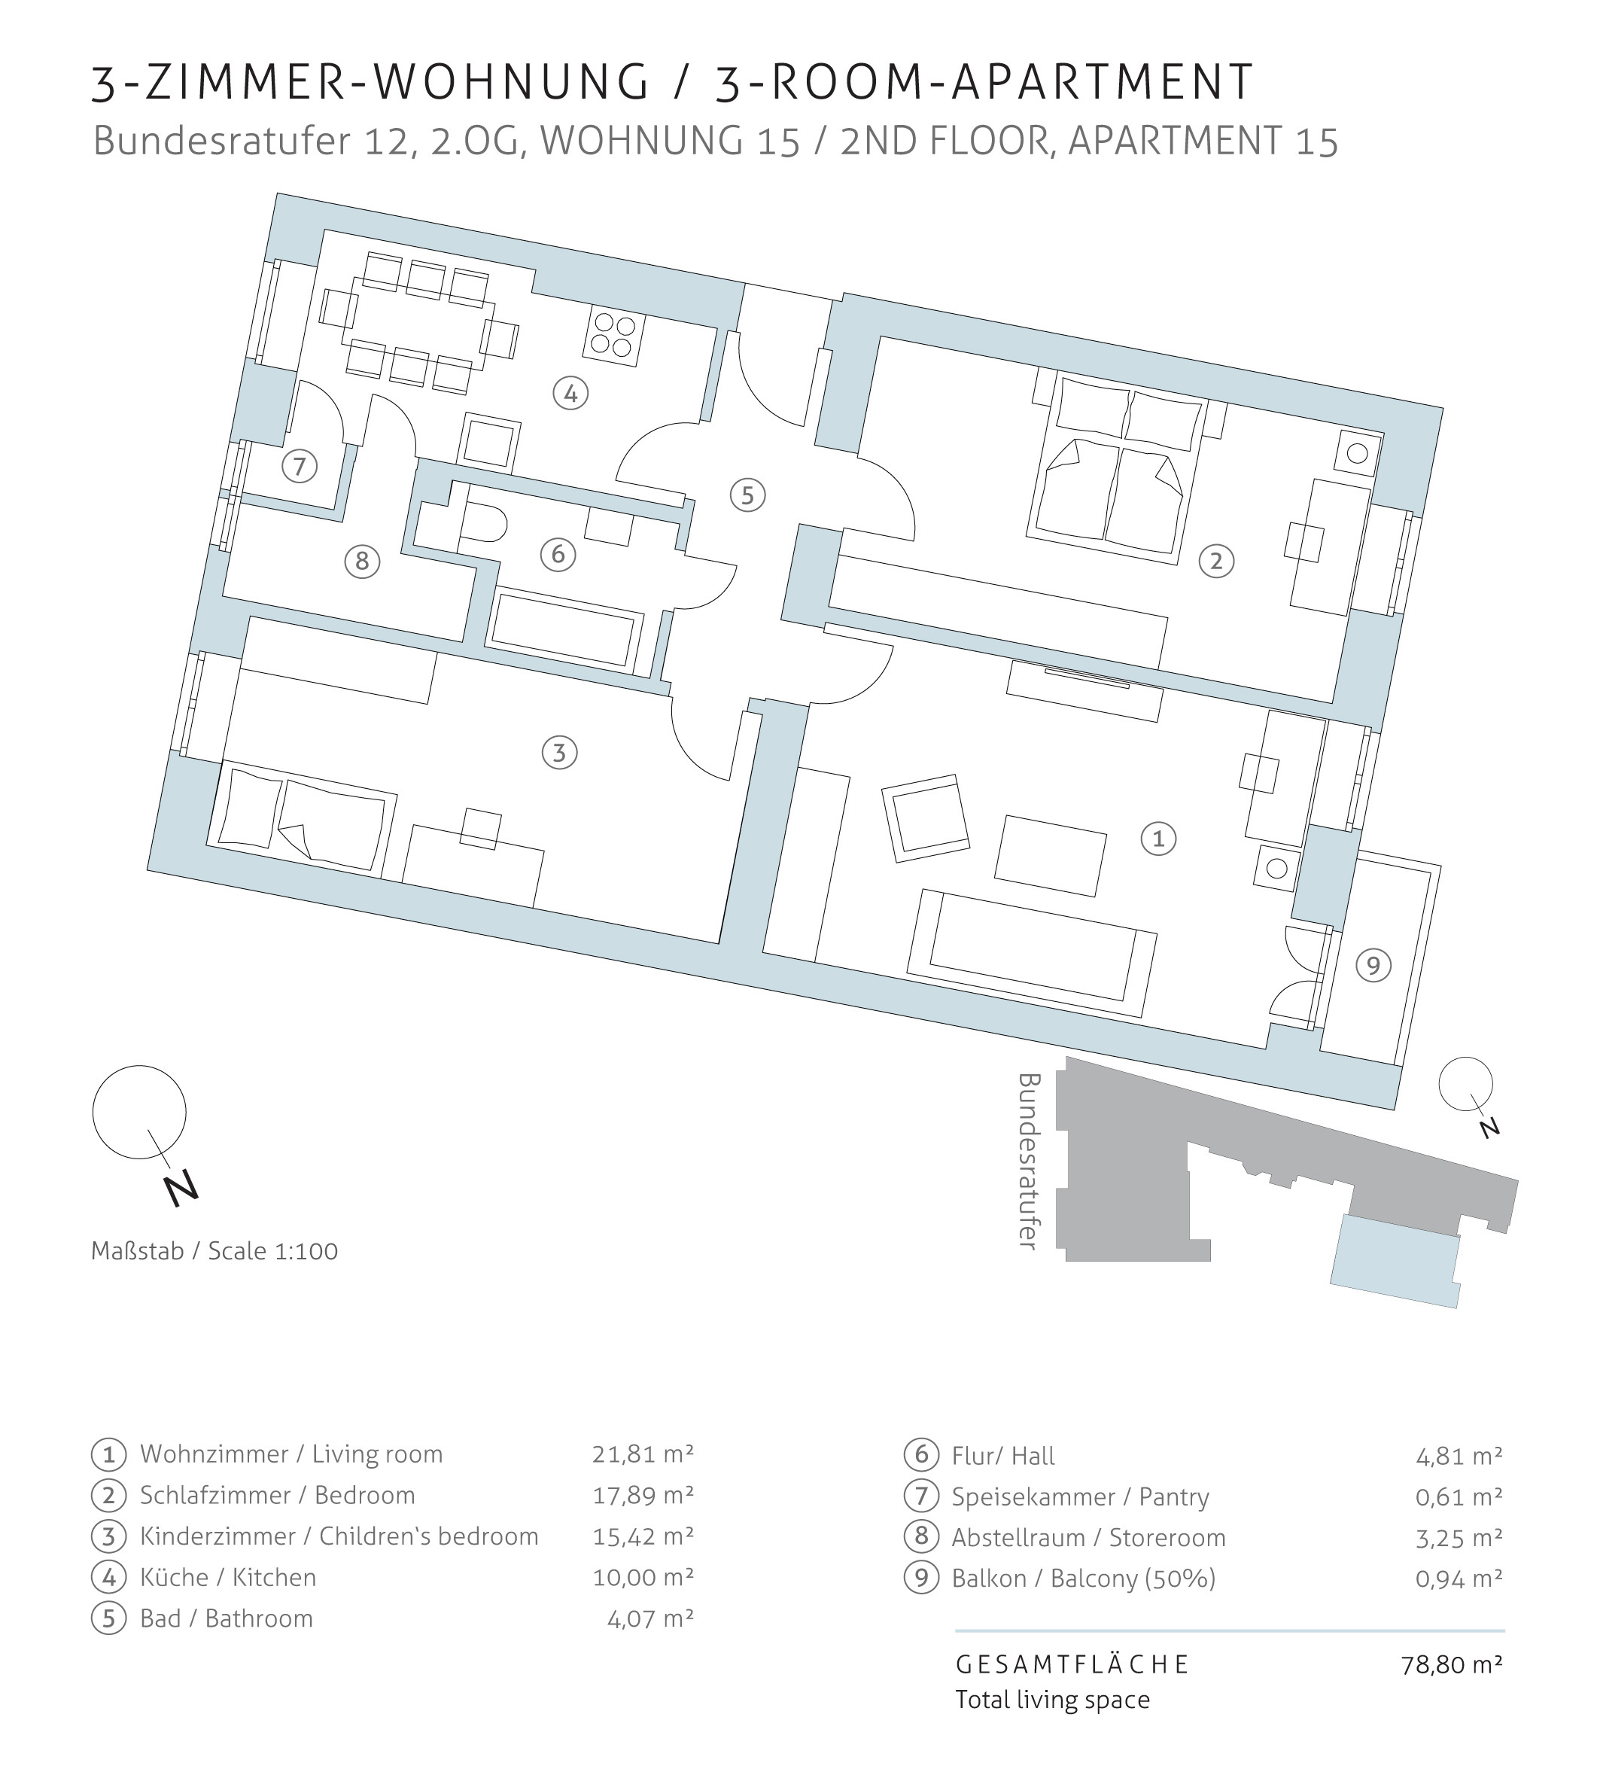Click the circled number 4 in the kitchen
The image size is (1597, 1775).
[x=570, y=392]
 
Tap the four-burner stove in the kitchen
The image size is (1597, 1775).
[x=614, y=337]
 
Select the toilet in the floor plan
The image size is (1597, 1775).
[x=482, y=524]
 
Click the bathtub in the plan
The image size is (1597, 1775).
[x=566, y=628]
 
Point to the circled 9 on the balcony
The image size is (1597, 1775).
[x=1373, y=966]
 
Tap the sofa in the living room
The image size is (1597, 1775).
[x=1032, y=952]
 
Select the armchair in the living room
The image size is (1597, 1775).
[x=926, y=817]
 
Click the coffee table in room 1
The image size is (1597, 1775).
[x=1051, y=856]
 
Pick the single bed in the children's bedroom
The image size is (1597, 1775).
[x=301, y=818]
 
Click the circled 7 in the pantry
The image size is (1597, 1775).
[x=300, y=465]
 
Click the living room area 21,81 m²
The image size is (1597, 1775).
[x=643, y=1454]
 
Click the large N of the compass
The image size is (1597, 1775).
[x=181, y=1189]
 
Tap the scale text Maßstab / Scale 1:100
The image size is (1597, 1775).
[x=214, y=1251]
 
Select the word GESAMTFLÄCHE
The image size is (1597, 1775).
[x=1072, y=1664]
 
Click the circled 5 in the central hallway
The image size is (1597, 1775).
[x=747, y=495]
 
